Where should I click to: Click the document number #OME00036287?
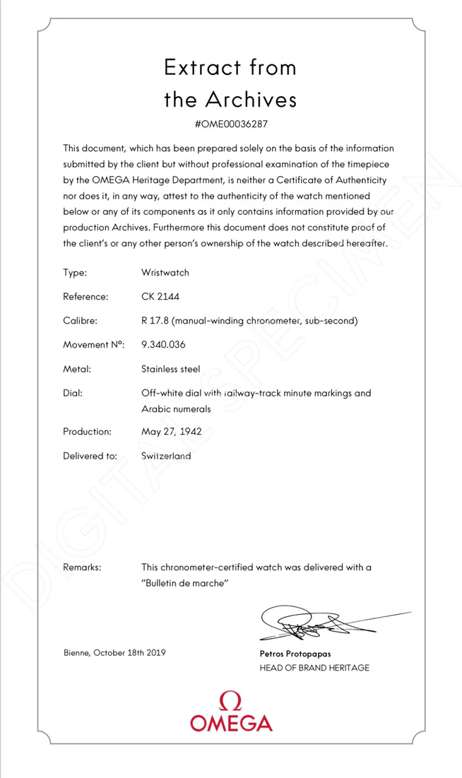click(x=230, y=124)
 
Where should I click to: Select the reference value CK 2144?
click(x=160, y=296)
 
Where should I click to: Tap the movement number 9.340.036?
click(x=167, y=344)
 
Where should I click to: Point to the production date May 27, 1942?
click(x=172, y=431)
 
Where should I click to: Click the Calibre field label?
click(x=79, y=320)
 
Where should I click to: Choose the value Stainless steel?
click(x=170, y=369)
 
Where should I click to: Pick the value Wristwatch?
click(x=165, y=272)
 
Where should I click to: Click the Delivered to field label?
click(x=90, y=456)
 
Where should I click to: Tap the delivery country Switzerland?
click(x=166, y=456)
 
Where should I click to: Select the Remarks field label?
click(x=82, y=567)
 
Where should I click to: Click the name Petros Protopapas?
click(x=295, y=654)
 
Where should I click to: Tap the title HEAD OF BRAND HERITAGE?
click(x=314, y=668)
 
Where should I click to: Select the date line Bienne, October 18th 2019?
click(x=114, y=652)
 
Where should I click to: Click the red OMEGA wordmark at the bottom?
click(x=230, y=723)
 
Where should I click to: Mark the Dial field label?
click(x=73, y=393)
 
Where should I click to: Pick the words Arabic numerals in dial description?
click(x=175, y=409)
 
